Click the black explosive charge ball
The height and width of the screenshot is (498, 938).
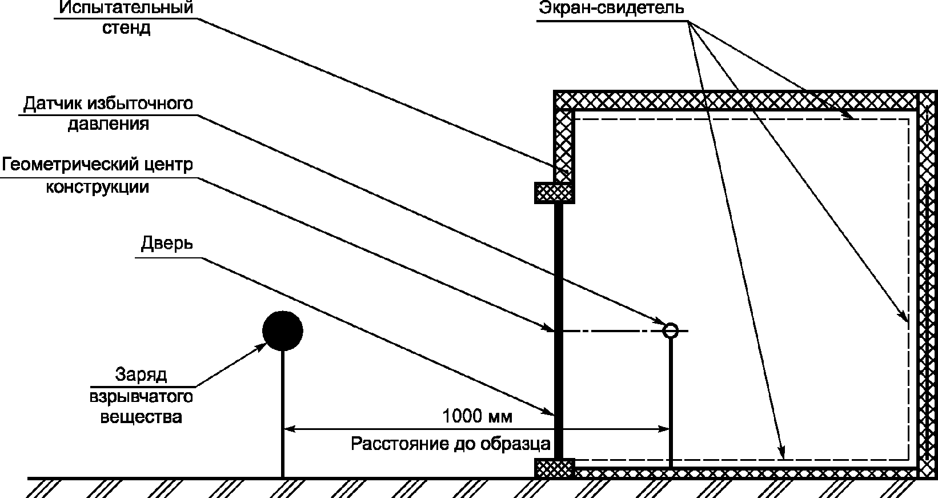point(283,330)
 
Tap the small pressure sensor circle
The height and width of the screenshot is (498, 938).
point(671,330)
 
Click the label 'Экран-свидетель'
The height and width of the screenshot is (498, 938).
point(611,8)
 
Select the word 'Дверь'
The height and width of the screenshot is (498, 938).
point(167,243)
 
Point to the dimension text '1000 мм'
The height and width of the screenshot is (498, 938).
point(477,416)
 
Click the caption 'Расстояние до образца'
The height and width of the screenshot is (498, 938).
point(451,444)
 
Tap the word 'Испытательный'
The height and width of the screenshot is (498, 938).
point(126,7)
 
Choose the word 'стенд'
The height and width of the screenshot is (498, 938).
point(126,28)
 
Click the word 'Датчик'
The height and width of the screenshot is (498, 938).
point(53,103)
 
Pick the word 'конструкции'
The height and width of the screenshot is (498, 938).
point(97,187)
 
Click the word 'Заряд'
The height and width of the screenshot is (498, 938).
point(141,375)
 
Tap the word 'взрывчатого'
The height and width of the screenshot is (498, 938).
point(141,397)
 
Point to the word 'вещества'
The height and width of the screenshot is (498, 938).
point(141,417)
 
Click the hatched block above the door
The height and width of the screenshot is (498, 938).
point(555,193)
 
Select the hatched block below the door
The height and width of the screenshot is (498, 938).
point(555,468)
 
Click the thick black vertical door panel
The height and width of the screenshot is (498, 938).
point(559,330)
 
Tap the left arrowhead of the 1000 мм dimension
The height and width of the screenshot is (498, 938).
point(290,429)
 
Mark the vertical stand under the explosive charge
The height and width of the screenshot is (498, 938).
point(283,414)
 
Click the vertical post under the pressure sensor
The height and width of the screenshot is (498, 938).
point(671,403)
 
